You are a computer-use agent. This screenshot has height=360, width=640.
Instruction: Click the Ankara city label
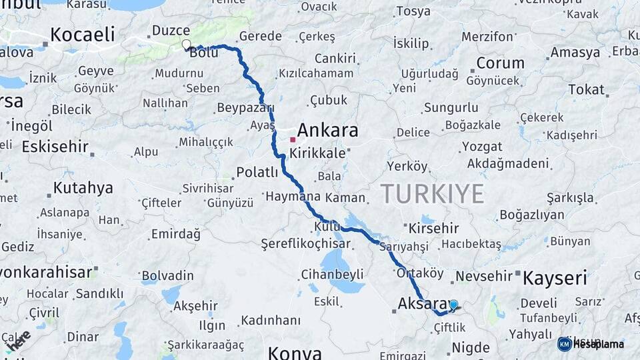[327, 130]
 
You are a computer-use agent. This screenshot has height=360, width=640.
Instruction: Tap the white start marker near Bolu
[186, 45]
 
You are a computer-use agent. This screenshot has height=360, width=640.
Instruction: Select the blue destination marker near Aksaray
[453, 305]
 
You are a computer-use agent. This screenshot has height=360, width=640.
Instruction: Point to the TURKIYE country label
[432, 194]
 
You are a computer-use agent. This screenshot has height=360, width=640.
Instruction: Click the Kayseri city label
[555, 278]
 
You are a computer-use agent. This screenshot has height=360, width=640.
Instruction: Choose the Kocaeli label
[83, 35]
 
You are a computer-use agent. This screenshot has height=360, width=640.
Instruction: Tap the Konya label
[295, 352]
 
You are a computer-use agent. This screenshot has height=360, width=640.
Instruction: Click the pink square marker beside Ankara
[293, 140]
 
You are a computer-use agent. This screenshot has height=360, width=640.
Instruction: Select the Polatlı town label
[257, 173]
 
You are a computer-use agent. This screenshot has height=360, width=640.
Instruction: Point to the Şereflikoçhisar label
[306, 243]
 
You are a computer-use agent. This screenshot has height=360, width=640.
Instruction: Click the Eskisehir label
[55, 147]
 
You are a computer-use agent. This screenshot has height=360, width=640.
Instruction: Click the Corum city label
[500, 63]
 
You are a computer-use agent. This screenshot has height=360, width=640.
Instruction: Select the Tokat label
[586, 90]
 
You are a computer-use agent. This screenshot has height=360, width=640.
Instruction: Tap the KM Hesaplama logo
[591, 344]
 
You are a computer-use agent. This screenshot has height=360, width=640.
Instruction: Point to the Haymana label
[293, 197]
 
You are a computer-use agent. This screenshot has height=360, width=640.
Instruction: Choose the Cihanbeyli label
[332, 274]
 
